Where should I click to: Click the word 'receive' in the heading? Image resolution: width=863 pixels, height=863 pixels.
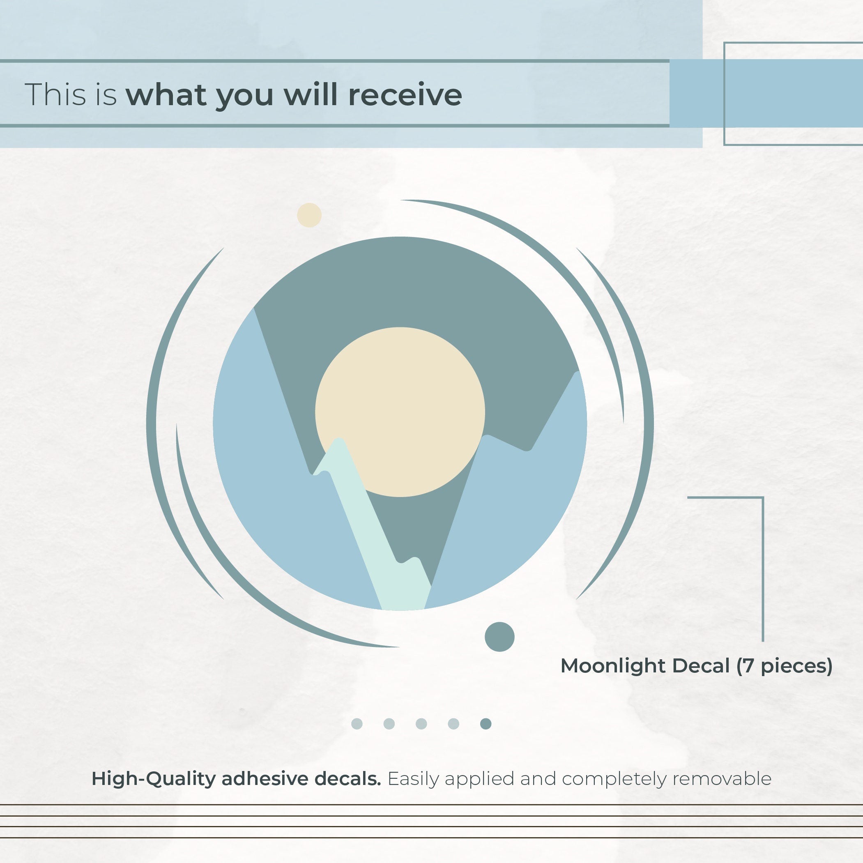click(x=405, y=95)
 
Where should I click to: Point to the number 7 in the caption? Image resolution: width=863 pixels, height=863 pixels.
click(x=748, y=666)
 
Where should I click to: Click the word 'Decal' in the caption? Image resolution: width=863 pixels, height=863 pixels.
click(x=701, y=665)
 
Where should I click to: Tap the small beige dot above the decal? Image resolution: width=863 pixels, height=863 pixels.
click(x=309, y=215)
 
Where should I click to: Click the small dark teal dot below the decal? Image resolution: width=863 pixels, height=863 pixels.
click(x=499, y=637)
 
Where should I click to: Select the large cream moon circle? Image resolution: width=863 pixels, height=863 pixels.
click(x=400, y=412)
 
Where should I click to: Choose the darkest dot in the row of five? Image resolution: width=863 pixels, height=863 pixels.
click(x=486, y=724)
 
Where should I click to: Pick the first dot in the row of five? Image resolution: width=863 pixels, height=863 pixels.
click(x=357, y=724)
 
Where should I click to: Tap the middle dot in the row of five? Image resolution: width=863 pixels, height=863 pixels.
click(x=421, y=724)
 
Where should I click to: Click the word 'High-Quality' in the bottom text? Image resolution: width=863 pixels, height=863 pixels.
click(x=154, y=779)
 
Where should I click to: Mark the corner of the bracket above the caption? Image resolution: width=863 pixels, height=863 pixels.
click(x=762, y=497)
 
